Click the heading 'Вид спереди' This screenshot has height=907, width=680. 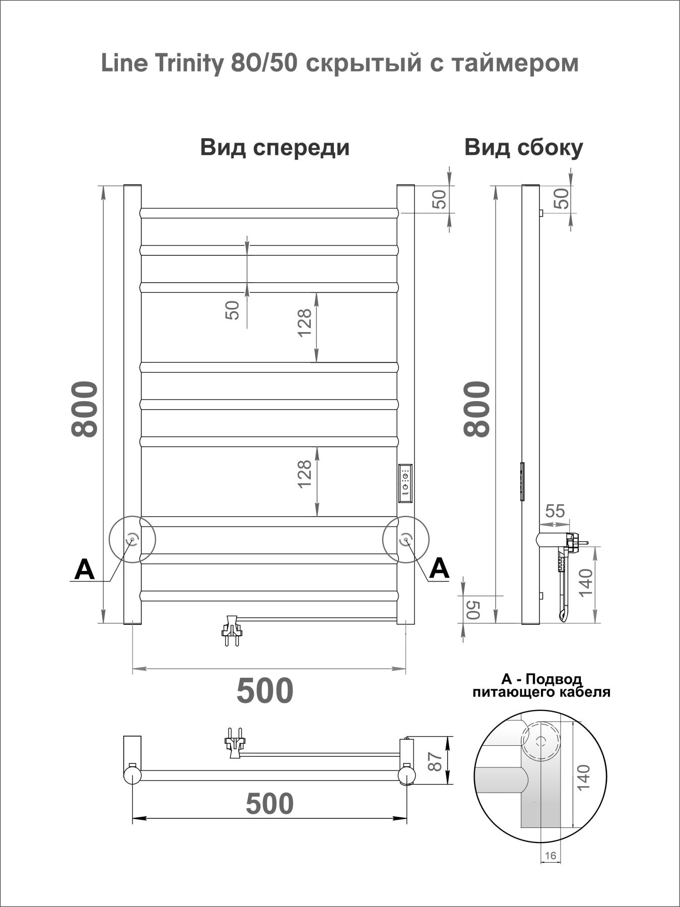(x=275, y=148)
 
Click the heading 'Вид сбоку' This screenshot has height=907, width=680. (x=523, y=148)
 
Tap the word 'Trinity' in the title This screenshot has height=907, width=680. (x=189, y=64)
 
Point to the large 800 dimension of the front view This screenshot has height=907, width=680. (x=84, y=409)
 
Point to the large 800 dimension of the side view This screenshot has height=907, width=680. (x=477, y=409)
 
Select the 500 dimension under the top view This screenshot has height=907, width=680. (x=269, y=803)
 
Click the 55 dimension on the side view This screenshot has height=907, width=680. (x=555, y=511)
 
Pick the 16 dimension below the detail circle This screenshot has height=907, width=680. (x=550, y=855)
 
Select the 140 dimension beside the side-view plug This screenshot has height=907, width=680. (x=585, y=582)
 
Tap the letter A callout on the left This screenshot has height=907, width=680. (x=84, y=570)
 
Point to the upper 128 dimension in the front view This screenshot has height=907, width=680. (x=305, y=322)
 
